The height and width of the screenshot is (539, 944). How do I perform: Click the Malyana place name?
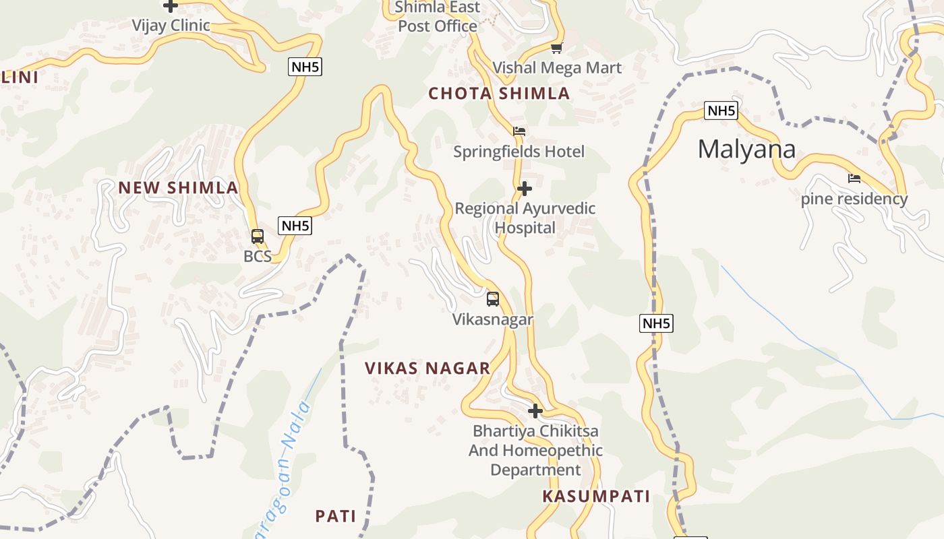click(x=746, y=149)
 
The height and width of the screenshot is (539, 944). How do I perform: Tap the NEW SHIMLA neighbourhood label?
click(x=179, y=188)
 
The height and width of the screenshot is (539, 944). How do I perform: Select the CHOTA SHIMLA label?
click(x=499, y=94)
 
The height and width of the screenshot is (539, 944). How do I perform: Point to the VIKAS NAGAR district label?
click(x=427, y=369)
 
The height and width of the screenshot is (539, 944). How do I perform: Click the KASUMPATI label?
click(x=596, y=497)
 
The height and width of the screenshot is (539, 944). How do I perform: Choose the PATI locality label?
click(x=336, y=517)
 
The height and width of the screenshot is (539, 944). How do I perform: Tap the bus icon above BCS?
click(x=258, y=236)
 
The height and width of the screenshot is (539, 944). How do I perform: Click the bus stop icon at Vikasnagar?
click(x=493, y=298)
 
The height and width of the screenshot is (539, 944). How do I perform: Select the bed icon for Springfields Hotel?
click(x=519, y=131)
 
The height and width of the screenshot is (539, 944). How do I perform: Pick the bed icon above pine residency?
click(x=854, y=179)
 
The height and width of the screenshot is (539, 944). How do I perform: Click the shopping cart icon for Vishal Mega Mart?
click(x=557, y=48)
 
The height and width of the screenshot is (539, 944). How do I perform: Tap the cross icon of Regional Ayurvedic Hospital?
click(x=525, y=189)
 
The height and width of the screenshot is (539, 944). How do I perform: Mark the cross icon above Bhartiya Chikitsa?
click(x=535, y=410)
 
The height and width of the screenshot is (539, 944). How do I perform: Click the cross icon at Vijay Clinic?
click(x=171, y=6)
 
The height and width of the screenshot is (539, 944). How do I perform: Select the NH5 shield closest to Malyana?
click(x=721, y=110)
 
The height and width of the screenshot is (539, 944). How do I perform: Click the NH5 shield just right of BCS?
click(x=295, y=226)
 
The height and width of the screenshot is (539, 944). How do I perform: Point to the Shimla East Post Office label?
click(x=438, y=17)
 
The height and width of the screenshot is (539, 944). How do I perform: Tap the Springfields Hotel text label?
click(x=519, y=152)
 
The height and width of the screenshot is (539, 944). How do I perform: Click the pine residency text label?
click(x=854, y=199)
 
